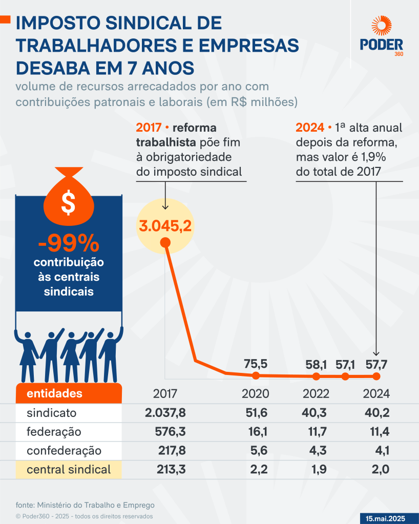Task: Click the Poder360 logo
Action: pyautogui.click(x=381, y=36)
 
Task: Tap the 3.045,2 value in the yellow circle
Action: pyautogui.click(x=165, y=225)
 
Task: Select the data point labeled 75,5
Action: pyautogui.click(x=256, y=375)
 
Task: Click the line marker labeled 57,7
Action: pyautogui.click(x=376, y=376)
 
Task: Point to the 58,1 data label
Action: pyautogui.click(x=316, y=365)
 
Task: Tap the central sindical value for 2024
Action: pyautogui.click(x=379, y=469)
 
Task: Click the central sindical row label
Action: pyautogui.click(x=69, y=469)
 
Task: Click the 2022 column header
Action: pyautogui.click(x=316, y=394)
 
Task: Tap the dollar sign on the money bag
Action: pyautogui.click(x=68, y=203)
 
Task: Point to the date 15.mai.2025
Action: pyautogui.click(x=385, y=518)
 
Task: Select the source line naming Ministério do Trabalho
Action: pyautogui.click(x=85, y=504)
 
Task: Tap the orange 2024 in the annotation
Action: pyautogui.click(x=310, y=128)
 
